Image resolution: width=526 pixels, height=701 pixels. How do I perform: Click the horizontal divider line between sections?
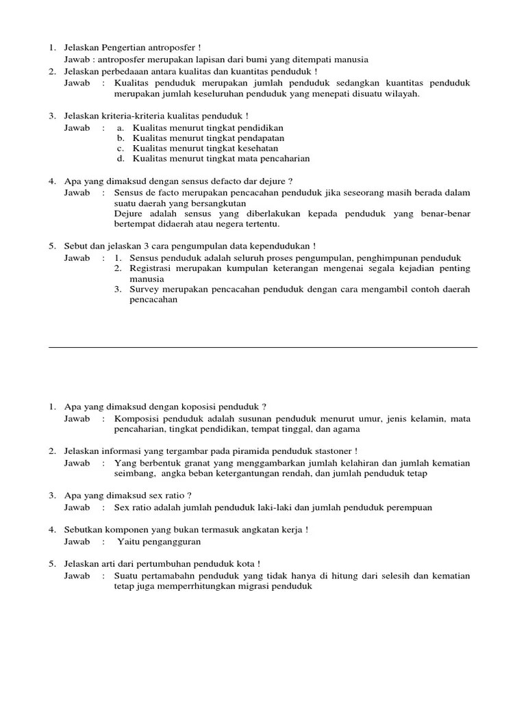click(x=263, y=347)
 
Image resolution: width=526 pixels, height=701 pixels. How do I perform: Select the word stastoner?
click(x=331, y=451)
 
